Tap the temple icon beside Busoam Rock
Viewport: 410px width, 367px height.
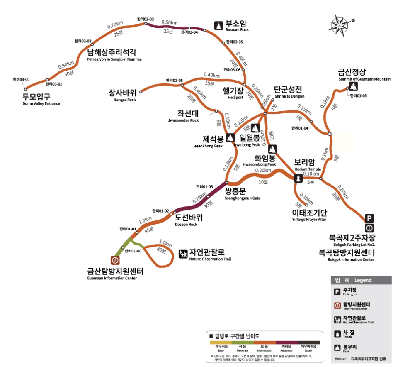click(x=218, y=26)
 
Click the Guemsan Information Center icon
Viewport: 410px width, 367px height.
click(x=115, y=260)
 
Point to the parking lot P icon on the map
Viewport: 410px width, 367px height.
click(x=369, y=218)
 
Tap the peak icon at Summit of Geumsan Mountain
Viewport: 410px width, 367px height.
click(x=353, y=86)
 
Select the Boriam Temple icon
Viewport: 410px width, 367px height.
click(x=298, y=179)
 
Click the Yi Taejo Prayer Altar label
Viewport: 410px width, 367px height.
click(x=309, y=215)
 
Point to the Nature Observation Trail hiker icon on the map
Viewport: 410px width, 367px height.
click(x=183, y=254)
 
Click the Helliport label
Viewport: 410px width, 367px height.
click(x=232, y=92)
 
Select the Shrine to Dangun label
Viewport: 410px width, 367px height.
click(x=288, y=92)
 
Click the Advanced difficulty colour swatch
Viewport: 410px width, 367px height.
click(x=287, y=343)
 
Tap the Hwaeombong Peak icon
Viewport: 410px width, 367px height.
click(x=272, y=149)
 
